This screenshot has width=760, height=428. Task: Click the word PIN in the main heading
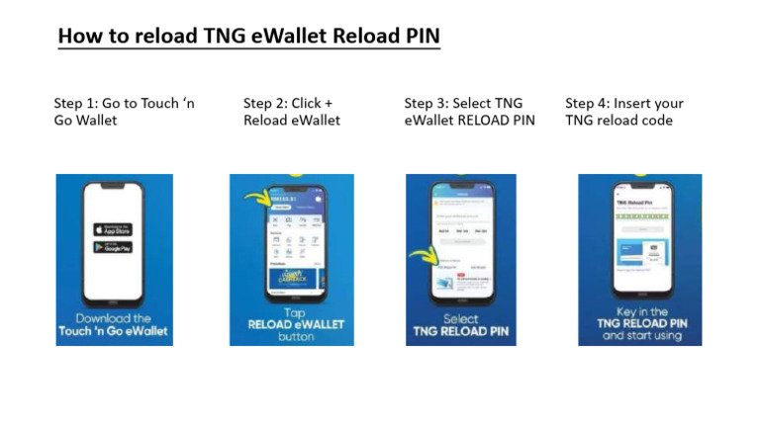(418, 36)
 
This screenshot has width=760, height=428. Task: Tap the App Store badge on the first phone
(113, 228)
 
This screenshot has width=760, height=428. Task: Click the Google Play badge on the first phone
(113, 247)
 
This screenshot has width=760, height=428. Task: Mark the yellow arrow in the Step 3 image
(425, 260)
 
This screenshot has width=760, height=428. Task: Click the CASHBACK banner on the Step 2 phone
(294, 274)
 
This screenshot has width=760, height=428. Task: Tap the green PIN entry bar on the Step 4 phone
(640, 213)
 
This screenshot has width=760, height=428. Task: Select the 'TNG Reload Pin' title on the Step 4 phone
(632, 201)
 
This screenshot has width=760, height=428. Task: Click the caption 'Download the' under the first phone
(114, 318)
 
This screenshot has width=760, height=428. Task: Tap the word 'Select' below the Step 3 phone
(460, 319)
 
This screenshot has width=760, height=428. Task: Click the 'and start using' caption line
(639, 336)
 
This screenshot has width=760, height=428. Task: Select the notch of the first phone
(113, 186)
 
